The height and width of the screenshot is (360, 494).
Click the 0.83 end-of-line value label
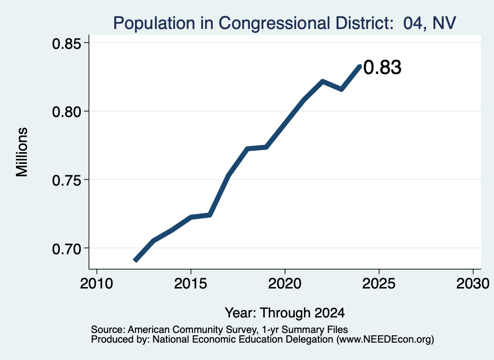[x=382, y=68]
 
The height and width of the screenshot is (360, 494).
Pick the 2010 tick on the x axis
[x=96, y=284]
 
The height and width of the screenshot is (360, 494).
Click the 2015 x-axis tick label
[x=191, y=284]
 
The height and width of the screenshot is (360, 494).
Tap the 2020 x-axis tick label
[x=285, y=284]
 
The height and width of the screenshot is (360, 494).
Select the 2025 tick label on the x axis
[x=379, y=284]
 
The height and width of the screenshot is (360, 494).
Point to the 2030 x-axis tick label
[x=473, y=284]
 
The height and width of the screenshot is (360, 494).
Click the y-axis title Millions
[x=22, y=152]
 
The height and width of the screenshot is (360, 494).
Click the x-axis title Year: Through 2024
[x=285, y=313]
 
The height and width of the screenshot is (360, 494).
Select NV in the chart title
[x=444, y=23]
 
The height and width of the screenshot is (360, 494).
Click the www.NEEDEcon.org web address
[x=385, y=339]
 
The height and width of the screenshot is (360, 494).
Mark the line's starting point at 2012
[x=135, y=260]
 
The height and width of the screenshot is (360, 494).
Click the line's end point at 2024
[x=360, y=66]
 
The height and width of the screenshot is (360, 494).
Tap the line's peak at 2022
[x=322, y=81]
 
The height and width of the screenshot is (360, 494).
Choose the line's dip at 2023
[x=341, y=89]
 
